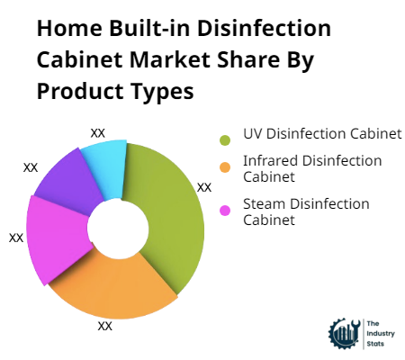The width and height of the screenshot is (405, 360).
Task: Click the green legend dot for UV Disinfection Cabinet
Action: [x=225, y=139]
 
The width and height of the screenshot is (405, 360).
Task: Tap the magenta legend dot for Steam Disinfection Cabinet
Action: [x=225, y=210]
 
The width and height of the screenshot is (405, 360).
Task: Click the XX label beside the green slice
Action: [x=204, y=188]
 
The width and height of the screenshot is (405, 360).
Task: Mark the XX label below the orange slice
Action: [x=105, y=326]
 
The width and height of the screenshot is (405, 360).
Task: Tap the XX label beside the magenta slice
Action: [x=16, y=238]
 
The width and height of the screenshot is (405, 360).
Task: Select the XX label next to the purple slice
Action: [x=31, y=167]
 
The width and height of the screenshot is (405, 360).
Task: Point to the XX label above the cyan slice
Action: [x=98, y=132]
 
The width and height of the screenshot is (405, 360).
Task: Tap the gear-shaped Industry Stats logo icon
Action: [x=343, y=333]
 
